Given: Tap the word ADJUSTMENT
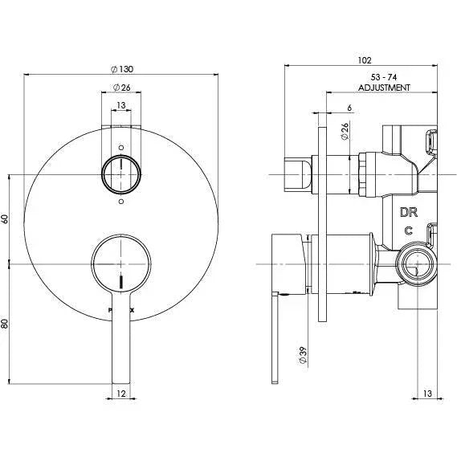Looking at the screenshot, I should (385, 87).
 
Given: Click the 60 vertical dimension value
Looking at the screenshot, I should (6, 218).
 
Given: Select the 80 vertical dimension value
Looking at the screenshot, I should (6, 324).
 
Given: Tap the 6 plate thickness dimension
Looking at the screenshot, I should (327, 107).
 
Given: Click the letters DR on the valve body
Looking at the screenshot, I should (409, 213).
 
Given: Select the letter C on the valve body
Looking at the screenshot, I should (409, 231).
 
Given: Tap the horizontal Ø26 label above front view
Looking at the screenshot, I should (121, 87).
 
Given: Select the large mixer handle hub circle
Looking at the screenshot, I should (121, 263).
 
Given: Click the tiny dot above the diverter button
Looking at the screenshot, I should (121, 148).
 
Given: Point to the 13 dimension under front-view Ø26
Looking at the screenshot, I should (121, 106).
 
